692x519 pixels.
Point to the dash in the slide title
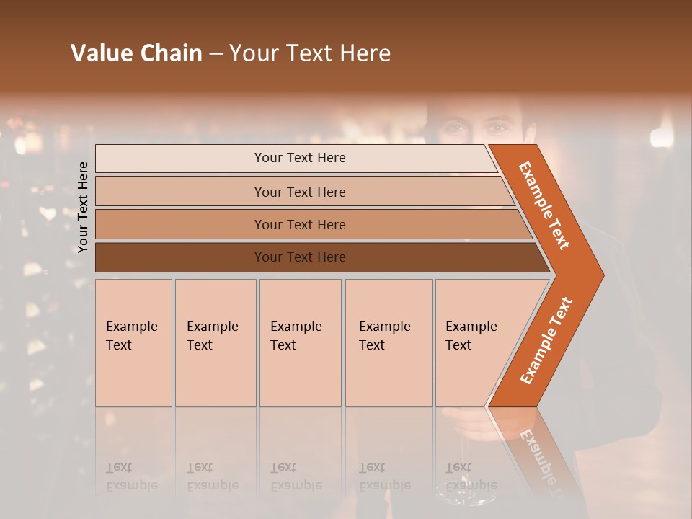coord(216,54)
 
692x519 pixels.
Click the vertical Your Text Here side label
coord(83,207)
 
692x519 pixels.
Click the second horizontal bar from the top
coord(299,192)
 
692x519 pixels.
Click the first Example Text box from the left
coord(133,342)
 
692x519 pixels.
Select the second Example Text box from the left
coord(216,342)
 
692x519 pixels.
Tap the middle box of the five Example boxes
coord(300,342)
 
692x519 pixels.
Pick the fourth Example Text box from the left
coord(389,342)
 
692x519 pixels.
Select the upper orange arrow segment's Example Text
coord(544,205)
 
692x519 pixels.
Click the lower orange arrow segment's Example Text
coord(546,341)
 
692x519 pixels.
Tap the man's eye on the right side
coord(497,128)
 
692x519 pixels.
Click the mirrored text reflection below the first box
coord(131,476)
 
